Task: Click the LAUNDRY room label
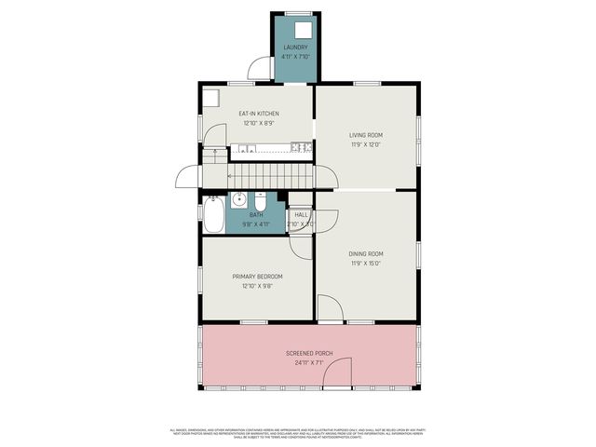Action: (294, 47)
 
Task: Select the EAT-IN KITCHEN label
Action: (258, 115)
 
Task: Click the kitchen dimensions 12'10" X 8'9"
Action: (258, 123)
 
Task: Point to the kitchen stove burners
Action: (300, 146)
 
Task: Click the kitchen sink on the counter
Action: (245, 147)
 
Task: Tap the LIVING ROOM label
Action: (366, 135)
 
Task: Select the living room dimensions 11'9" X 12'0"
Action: (366, 144)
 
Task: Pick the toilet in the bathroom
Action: (262, 202)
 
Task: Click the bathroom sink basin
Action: (238, 199)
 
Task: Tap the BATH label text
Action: (256, 215)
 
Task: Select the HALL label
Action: (301, 215)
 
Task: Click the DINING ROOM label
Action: (366, 253)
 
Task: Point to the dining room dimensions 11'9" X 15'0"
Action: (366, 263)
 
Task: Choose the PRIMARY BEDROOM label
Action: (257, 277)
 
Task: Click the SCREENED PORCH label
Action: (310, 354)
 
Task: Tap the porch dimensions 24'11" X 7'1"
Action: (310, 363)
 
